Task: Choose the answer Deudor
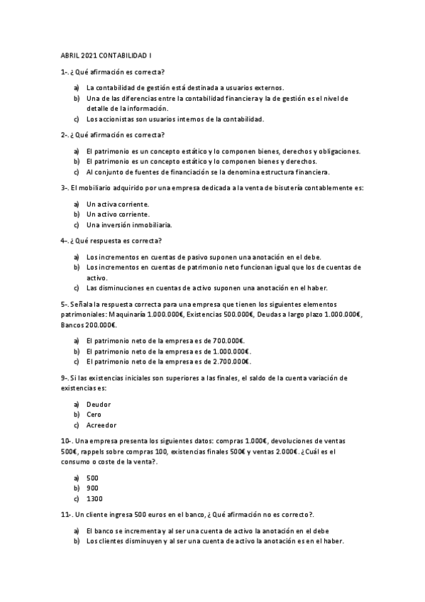99,404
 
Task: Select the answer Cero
94,414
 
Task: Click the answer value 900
92,488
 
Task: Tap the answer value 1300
94,499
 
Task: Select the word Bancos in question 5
72,324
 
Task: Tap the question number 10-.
67,441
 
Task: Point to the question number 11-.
67,515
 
